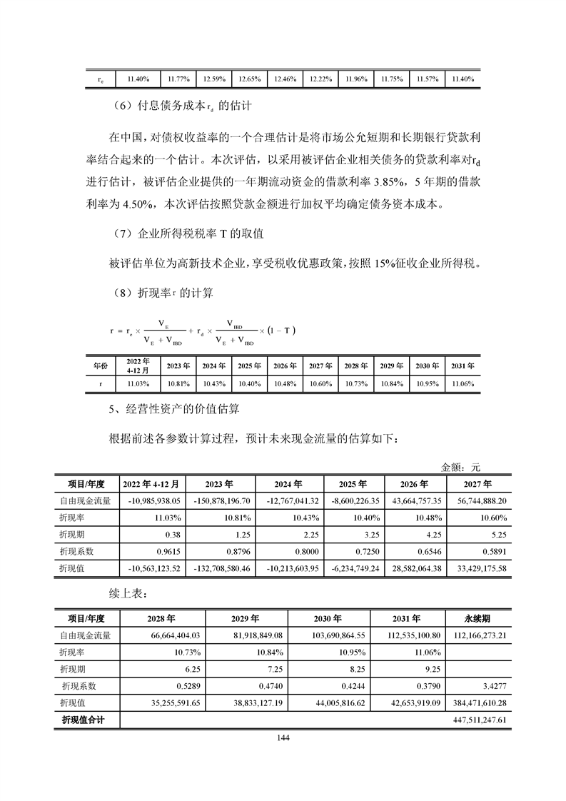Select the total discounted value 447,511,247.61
point(479,720)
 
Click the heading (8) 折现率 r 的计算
point(163,293)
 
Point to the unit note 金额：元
point(461,468)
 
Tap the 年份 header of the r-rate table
point(99,366)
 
